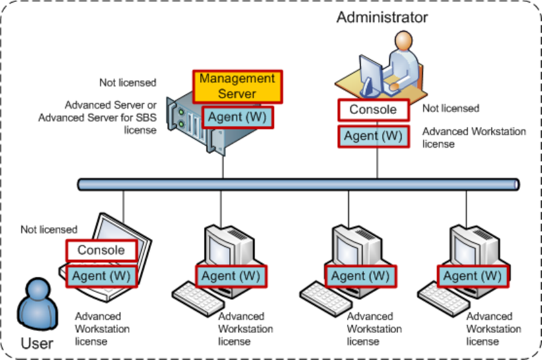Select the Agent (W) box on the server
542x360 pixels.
237,118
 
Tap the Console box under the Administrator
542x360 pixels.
373,109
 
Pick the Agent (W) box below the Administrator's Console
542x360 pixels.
373,137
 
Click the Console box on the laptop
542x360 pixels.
101,250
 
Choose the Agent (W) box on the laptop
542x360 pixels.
101,276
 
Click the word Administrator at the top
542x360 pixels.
382,17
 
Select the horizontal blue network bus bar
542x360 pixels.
298,185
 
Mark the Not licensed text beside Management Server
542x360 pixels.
128,82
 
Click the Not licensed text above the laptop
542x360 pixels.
49,229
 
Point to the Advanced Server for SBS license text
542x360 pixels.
98,117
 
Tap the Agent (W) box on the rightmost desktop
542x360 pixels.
473,276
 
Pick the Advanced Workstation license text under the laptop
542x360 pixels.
102,328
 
